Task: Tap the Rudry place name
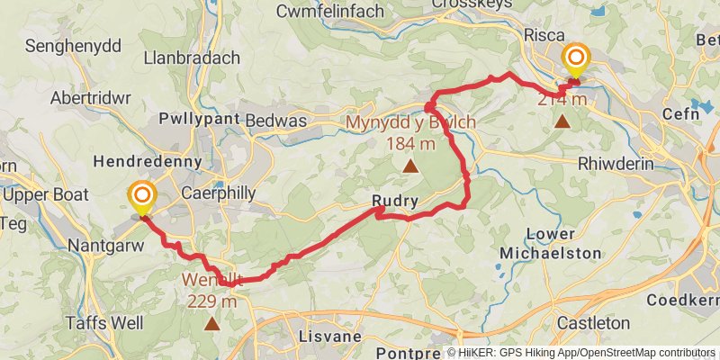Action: click(394, 202)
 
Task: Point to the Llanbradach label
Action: click(192, 58)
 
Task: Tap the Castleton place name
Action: click(593, 321)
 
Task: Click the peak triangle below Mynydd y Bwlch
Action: click(410, 166)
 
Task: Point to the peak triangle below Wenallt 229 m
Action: click(211, 323)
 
